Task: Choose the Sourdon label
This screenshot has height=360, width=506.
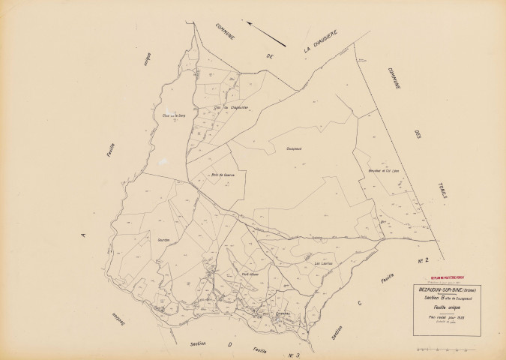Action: point(164,239)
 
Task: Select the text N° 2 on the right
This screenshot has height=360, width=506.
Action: point(421,260)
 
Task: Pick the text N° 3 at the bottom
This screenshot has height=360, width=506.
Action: point(293,354)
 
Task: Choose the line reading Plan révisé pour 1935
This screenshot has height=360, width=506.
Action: point(448,317)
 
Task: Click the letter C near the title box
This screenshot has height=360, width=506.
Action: point(360,303)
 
